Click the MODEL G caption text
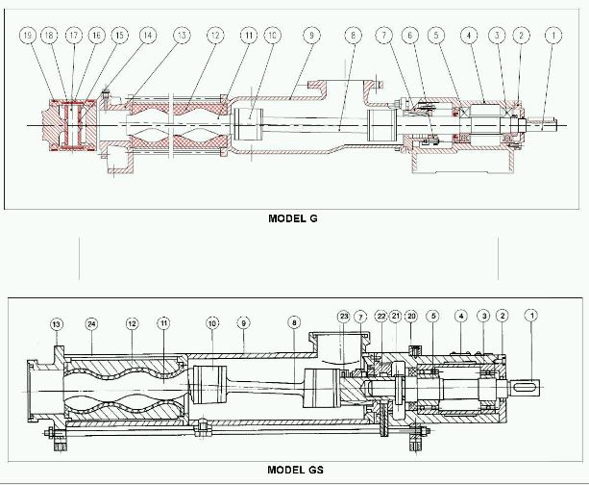293,218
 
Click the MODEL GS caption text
295,471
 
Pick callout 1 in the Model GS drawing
531,315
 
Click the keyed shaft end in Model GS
527,387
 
